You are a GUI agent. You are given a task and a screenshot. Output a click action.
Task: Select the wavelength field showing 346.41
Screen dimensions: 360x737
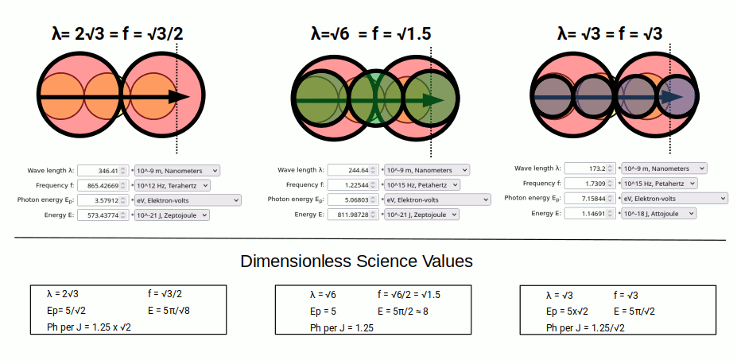coord(103,170)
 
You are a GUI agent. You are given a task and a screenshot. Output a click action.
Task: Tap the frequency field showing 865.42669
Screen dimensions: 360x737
coord(103,185)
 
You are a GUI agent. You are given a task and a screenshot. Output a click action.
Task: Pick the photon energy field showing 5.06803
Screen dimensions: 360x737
coord(353,199)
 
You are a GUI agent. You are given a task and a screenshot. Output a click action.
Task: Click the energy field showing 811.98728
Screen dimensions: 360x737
coord(353,215)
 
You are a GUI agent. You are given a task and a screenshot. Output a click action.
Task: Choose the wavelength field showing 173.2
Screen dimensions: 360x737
coord(590,168)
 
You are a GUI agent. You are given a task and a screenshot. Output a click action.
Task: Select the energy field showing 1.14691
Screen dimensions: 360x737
coord(590,213)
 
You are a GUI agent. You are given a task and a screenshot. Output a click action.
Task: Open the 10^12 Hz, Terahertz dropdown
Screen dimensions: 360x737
coord(173,185)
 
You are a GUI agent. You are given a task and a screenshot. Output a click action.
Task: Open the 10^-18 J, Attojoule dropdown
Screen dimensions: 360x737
coord(658,213)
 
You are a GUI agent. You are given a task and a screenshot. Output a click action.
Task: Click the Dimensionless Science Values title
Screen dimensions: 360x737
coord(356,261)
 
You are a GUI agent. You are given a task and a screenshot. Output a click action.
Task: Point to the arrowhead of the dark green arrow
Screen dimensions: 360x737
coord(433,100)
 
